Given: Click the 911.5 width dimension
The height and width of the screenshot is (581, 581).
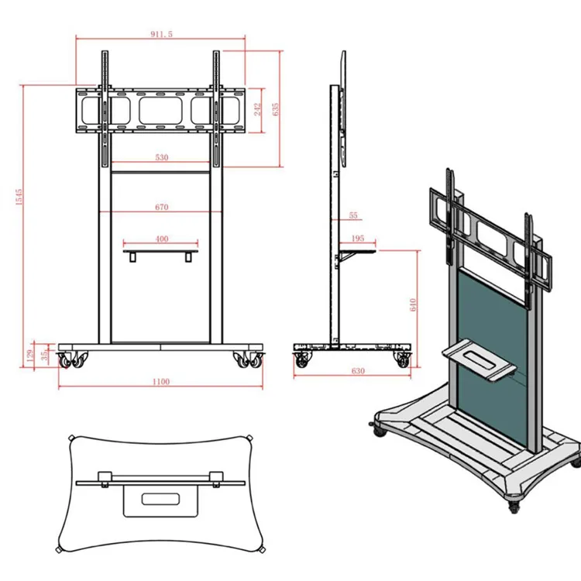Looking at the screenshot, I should (x=161, y=35).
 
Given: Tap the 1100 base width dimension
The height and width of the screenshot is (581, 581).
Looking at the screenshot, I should (x=161, y=381).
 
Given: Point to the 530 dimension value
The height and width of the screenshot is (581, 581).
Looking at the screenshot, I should (x=161, y=157).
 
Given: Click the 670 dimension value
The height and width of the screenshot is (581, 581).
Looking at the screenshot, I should (x=161, y=208).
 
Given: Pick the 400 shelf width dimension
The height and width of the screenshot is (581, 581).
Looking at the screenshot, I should (x=161, y=239).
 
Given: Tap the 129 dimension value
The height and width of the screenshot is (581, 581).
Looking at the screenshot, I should (x=30, y=354).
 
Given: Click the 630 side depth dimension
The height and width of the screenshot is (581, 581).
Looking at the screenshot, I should (x=357, y=371).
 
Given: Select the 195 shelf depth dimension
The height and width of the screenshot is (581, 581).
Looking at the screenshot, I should (x=357, y=239).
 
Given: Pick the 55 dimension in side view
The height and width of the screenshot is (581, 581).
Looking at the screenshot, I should (x=353, y=215).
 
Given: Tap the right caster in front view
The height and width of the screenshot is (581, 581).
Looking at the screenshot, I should (x=250, y=359).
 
